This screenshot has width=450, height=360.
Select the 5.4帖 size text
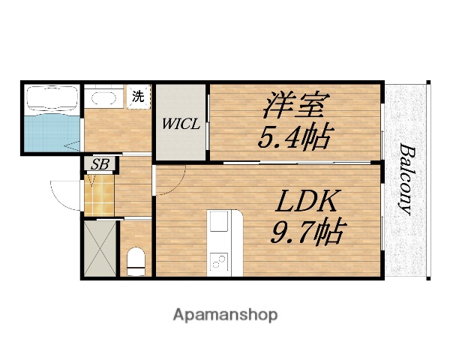[x=295, y=137]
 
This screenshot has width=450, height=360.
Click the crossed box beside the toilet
[x=99, y=249]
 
